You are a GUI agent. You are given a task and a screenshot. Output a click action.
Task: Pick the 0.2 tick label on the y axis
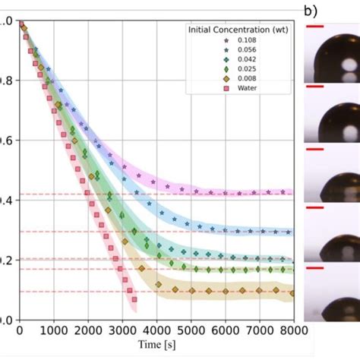tap(6, 261)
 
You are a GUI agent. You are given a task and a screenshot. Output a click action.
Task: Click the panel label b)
tap(311, 11)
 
